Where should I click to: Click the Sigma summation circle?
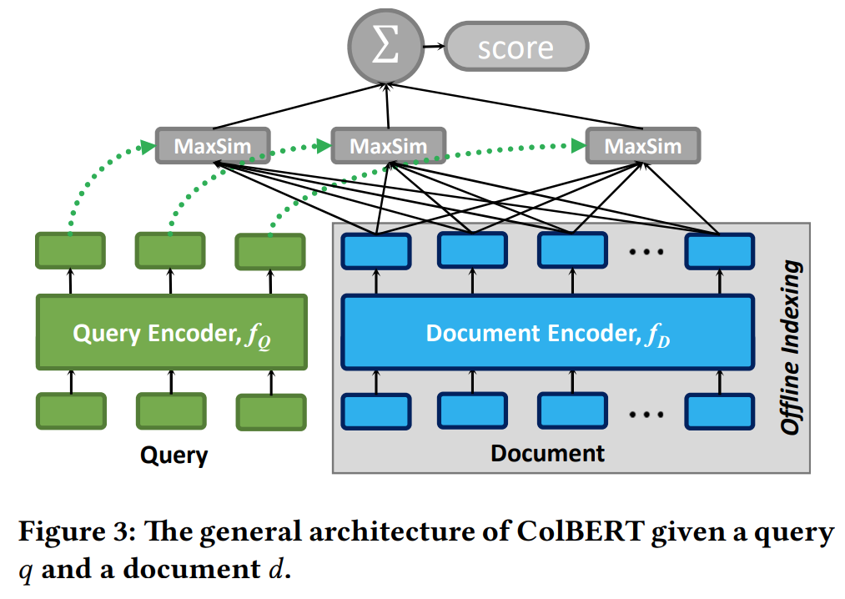[x=386, y=47]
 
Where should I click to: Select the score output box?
[x=516, y=47]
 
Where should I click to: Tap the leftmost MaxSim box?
[x=213, y=145]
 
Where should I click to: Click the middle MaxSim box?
[x=389, y=145]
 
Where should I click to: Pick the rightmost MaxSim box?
[x=643, y=145]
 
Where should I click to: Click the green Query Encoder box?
[x=172, y=332]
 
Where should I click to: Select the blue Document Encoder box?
[x=548, y=332]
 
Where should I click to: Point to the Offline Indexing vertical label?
[x=791, y=347]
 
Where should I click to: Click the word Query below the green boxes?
[x=174, y=456]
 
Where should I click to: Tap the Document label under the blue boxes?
[x=547, y=454]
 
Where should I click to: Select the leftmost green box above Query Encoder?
[x=71, y=251]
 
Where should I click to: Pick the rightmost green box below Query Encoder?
[x=271, y=412]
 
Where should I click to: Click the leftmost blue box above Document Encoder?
[x=376, y=251]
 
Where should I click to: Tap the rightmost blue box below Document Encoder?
[x=719, y=412]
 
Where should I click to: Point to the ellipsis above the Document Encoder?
[x=646, y=252]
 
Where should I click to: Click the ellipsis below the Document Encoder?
[x=646, y=415]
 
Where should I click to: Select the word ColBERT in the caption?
[x=581, y=531]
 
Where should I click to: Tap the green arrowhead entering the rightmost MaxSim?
[x=579, y=145]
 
